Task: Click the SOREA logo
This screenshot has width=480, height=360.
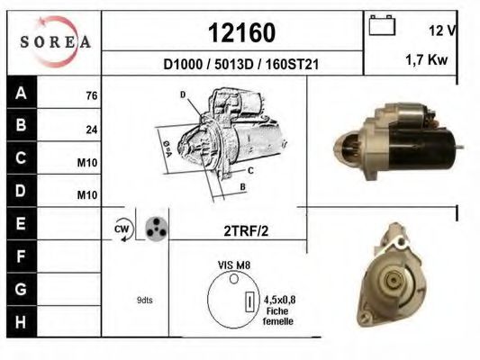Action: tap(54, 41)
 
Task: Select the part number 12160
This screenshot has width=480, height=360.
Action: tap(241, 33)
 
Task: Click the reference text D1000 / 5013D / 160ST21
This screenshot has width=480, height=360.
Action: tap(241, 65)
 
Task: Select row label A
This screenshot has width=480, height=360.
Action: tap(22, 93)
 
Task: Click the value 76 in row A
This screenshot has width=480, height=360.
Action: tap(91, 95)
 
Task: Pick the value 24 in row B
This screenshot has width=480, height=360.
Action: tap(91, 130)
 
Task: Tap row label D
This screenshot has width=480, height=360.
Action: tap(22, 192)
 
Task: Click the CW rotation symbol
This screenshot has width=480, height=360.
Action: tap(122, 230)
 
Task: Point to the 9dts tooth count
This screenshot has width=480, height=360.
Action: tap(144, 300)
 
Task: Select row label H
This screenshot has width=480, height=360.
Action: tap(22, 320)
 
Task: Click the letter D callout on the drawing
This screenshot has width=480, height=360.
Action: tap(182, 94)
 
